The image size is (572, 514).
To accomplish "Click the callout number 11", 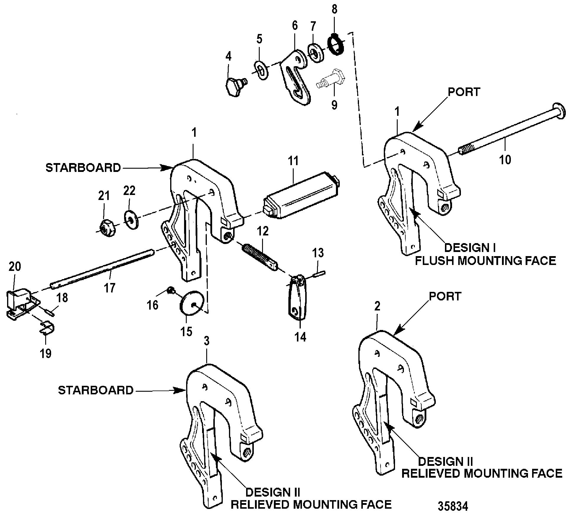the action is coord(293,161).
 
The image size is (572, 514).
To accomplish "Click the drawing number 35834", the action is coord(453,506).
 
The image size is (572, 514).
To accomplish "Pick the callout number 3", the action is coord(207,341).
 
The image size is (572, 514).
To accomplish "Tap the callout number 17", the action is coord(110,287).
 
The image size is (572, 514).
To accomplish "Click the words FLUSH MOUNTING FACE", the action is coord(486,261).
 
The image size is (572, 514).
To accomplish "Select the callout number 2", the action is coord(377,306).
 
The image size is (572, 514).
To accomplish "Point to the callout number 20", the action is coord(15,266).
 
